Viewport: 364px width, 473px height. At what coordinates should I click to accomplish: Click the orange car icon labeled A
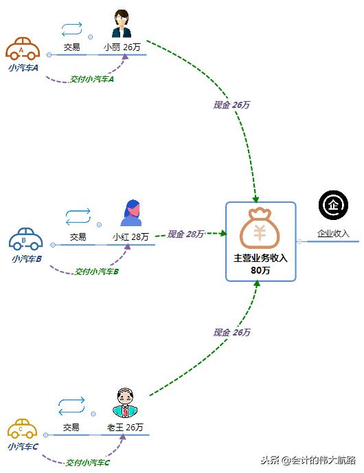click(x=23, y=49)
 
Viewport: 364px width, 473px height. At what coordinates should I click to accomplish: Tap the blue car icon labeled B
click(x=26, y=239)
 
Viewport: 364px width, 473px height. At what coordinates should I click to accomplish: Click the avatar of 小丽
click(x=122, y=25)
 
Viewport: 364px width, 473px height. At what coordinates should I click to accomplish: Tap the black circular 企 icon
click(x=333, y=204)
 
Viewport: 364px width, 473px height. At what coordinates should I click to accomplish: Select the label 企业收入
click(x=333, y=234)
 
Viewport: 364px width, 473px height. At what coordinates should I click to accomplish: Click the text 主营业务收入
click(x=260, y=258)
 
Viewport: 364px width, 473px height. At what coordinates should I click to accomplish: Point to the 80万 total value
click(x=260, y=271)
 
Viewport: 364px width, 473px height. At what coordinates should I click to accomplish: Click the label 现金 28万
click(x=185, y=234)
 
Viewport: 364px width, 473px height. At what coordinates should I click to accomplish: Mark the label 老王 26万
click(x=125, y=427)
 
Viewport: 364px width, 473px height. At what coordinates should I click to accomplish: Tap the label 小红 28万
click(x=130, y=237)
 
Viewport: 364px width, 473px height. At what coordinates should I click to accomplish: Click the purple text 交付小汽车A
click(x=91, y=79)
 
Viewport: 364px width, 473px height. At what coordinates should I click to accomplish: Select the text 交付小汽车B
click(x=96, y=272)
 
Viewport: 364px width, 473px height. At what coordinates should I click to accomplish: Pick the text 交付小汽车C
click(x=87, y=463)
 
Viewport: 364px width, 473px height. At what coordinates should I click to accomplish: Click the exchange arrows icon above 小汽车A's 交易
click(x=71, y=29)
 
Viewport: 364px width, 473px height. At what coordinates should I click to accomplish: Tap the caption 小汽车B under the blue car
click(x=26, y=259)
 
